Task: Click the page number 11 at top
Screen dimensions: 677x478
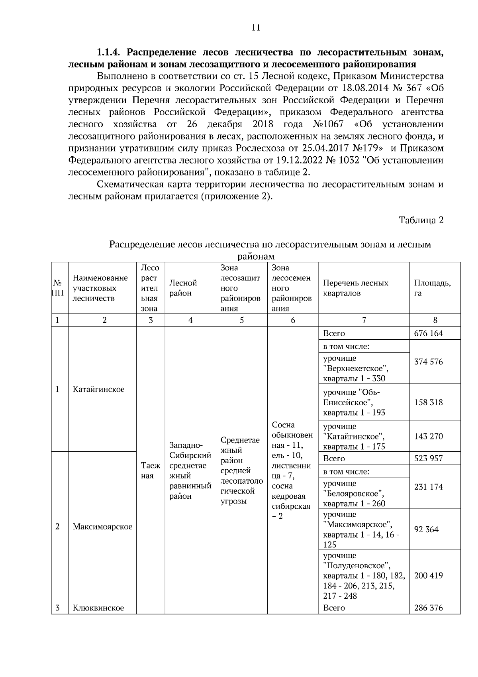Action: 255,28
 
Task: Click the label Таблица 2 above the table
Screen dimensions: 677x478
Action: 421,220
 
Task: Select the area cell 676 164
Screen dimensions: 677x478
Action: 428,333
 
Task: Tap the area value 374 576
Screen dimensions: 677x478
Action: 428,362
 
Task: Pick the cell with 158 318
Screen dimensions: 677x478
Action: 428,402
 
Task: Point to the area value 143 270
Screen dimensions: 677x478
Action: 428,436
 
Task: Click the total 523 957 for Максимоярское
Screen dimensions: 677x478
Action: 428,459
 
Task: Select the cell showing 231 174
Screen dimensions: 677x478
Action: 428,487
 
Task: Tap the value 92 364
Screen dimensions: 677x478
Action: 426,529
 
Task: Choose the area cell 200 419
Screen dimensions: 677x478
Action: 428,575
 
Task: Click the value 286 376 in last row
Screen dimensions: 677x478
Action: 428,608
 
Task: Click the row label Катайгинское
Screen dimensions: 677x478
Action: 98,390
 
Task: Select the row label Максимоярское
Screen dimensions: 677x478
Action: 102,527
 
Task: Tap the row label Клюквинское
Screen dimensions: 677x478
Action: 98,608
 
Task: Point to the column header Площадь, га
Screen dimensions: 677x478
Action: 432,288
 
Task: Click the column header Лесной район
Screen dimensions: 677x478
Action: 183,288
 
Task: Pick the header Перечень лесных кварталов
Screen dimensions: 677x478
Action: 355,288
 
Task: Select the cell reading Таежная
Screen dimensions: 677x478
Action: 151,470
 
